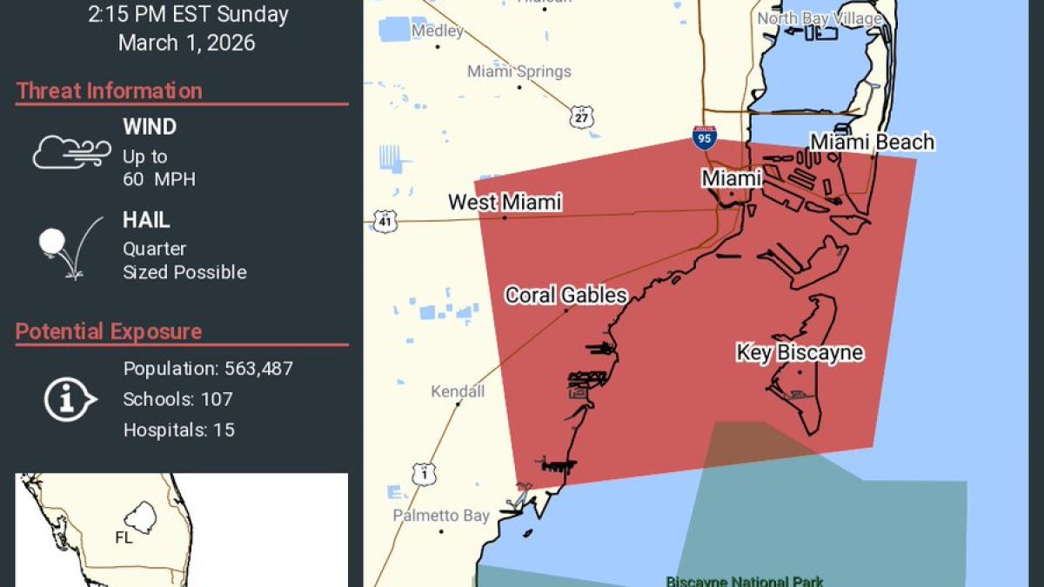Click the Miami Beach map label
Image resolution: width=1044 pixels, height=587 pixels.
coord(872,142)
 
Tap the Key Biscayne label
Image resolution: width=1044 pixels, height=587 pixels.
coord(800,352)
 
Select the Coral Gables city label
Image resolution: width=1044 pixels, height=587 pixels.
coord(565,296)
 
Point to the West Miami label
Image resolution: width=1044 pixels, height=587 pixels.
coord(505,203)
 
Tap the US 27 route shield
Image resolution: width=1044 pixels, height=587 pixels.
coord(582,117)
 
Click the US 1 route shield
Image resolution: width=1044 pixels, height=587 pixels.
coord(424,474)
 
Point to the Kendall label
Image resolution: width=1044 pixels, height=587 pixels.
coord(458,391)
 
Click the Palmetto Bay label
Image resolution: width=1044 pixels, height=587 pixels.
coord(441,516)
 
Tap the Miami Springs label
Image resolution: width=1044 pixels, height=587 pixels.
coord(519,71)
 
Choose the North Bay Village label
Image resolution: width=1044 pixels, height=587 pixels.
coord(820,18)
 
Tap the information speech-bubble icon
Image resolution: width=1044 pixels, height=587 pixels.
coord(70,399)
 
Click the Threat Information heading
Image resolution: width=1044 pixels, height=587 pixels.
coord(109,90)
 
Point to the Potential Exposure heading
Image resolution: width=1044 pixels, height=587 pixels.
coord(109,331)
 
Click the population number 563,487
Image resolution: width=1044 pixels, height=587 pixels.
coord(258,369)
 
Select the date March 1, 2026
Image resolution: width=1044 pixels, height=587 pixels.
coord(187,43)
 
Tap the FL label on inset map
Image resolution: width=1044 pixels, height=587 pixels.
coord(124,537)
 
